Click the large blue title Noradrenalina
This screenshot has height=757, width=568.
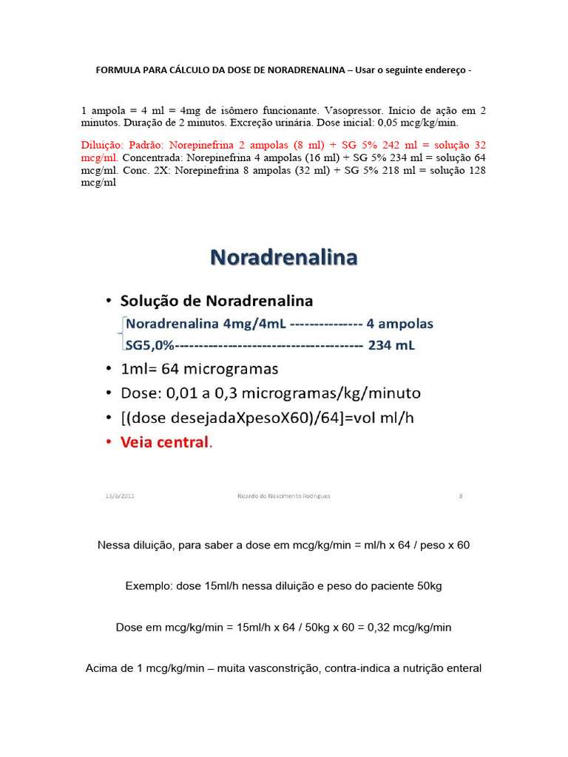click(284, 257)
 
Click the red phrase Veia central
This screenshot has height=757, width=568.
click(166, 444)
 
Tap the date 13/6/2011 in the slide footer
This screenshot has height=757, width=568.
click(120, 496)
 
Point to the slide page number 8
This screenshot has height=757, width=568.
click(460, 496)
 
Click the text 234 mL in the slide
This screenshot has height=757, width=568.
click(390, 344)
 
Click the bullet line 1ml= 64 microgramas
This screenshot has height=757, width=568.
click(200, 368)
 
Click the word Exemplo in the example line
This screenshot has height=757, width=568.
click(148, 585)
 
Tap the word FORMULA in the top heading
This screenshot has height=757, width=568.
click(118, 70)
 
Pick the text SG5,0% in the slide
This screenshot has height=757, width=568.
click(151, 344)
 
